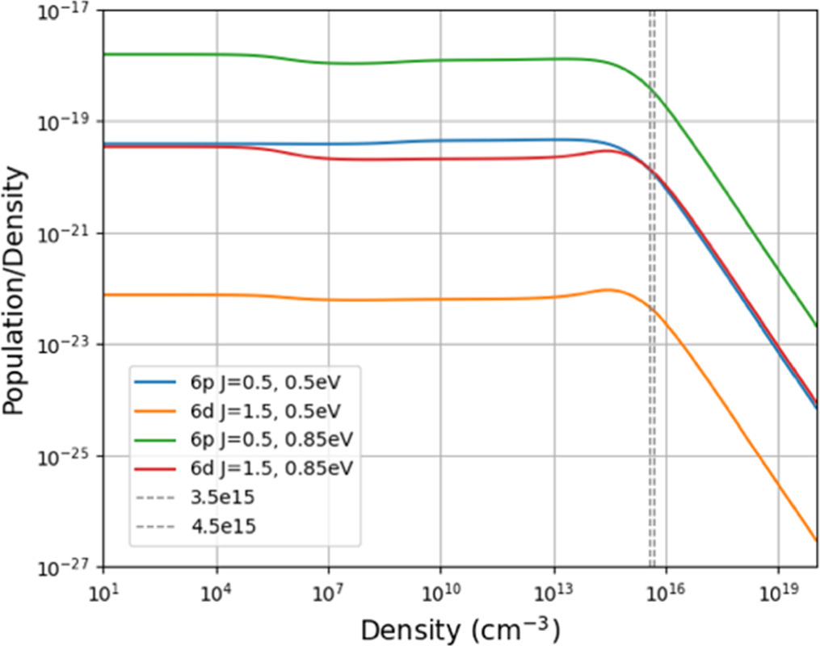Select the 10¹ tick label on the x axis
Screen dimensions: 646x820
(x=103, y=591)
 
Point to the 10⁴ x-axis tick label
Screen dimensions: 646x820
(x=216, y=591)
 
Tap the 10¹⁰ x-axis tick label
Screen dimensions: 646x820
(x=440, y=591)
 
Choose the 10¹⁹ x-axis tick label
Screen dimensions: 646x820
(x=778, y=591)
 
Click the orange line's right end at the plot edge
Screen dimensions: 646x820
(x=817, y=540)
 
